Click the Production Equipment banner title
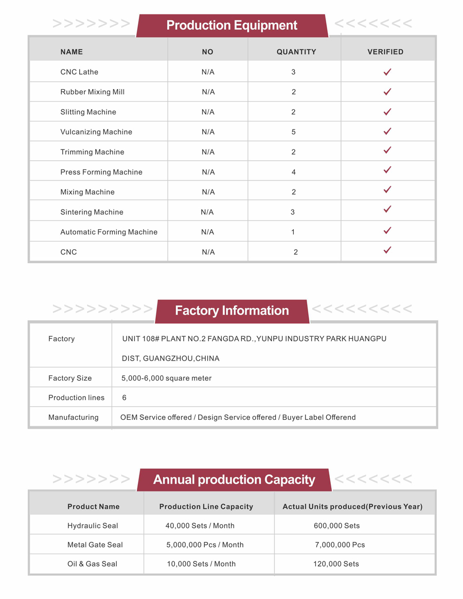click(x=232, y=25)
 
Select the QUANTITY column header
click(x=296, y=52)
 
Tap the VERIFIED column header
click(x=385, y=52)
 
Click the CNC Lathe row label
click(x=79, y=72)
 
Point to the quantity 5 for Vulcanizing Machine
click(x=294, y=132)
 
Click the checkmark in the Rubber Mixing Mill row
click(x=387, y=92)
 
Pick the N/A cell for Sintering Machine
click(x=207, y=212)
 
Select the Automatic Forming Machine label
click(x=109, y=232)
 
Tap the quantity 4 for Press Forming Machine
click(x=294, y=172)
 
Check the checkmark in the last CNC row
click(x=387, y=250)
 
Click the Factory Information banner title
click(x=232, y=311)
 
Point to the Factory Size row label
click(x=70, y=378)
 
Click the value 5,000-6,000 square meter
click(x=166, y=378)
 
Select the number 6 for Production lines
click(x=124, y=398)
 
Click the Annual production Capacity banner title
click(x=234, y=480)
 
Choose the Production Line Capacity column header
click(x=206, y=506)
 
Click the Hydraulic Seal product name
click(x=93, y=526)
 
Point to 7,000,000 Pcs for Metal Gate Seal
click(x=340, y=544)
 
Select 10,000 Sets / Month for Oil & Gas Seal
click(x=201, y=564)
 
